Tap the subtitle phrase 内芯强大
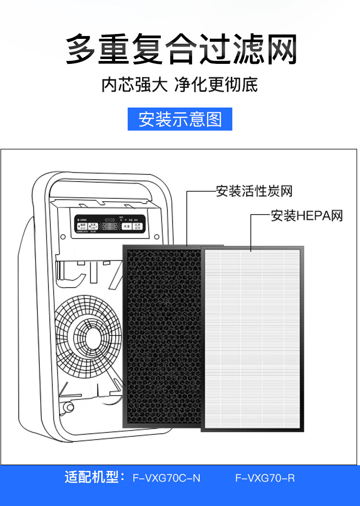(134, 84)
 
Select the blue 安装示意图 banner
(180, 119)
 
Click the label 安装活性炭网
(254, 192)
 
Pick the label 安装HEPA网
(307, 216)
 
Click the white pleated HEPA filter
(252, 338)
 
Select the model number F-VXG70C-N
(167, 478)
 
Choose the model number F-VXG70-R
(265, 478)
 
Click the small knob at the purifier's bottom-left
(69, 408)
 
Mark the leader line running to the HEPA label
(252, 230)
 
